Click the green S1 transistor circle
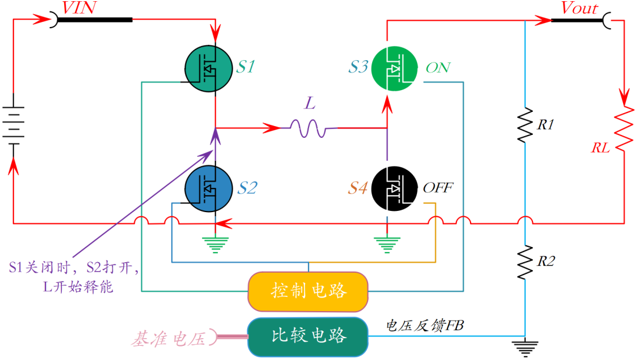click(208, 68)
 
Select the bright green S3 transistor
click(395, 68)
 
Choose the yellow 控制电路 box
click(309, 290)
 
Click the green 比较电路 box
click(309, 336)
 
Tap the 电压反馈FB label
click(425, 325)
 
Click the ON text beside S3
click(438, 68)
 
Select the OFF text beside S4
click(439, 189)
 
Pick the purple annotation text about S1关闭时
click(74, 277)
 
